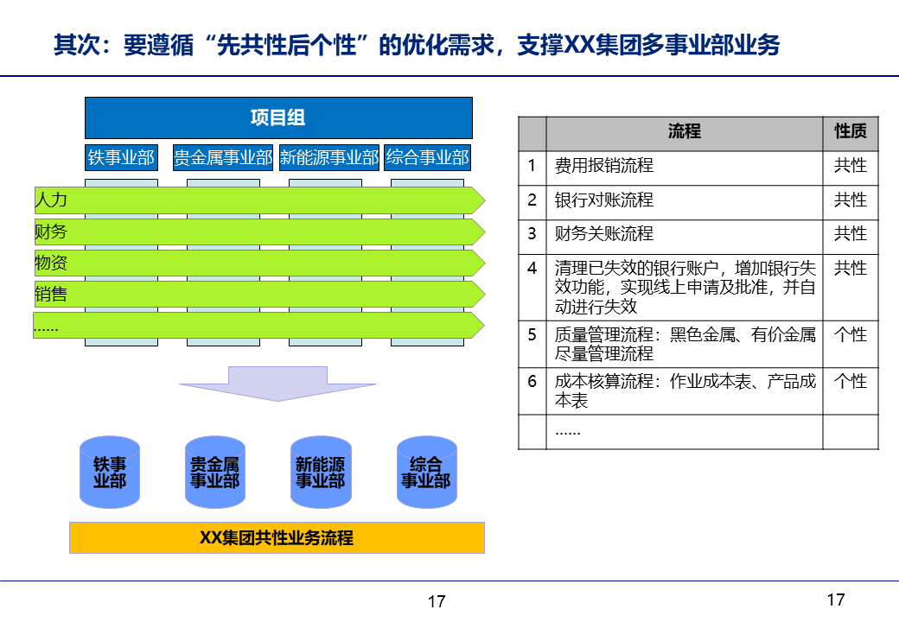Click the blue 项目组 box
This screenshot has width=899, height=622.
pyautogui.click(x=278, y=118)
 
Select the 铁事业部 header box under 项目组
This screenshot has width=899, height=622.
pyautogui.click(x=121, y=157)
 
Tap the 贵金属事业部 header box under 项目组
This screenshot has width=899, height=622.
pyautogui.click(x=223, y=157)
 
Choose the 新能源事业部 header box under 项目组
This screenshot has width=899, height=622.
pyautogui.click(x=329, y=157)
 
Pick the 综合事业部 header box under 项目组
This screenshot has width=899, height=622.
pyautogui.click(x=428, y=157)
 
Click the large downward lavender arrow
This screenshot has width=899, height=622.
pyautogui.click(x=277, y=383)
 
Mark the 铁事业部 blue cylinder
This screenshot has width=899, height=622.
pyautogui.click(x=110, y=473)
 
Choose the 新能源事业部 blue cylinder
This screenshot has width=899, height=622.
pyautogui.click(x=321, y=473)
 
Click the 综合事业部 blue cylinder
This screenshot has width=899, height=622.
pyautogui.click(x=426, y=473)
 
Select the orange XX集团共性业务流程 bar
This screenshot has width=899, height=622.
pyautogui.click(x=277, y=537)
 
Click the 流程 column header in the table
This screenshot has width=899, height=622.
pyautogui.click(x=684, y=132)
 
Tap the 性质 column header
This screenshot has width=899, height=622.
pyautogui.click(x=850, y=132)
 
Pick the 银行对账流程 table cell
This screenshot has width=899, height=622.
pyautogui.click(x=684, y=201)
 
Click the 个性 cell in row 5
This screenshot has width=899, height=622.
pyautogui.click(x=850, y=335)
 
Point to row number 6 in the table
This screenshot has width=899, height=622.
pyautogui.click(x=532, y=381)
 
